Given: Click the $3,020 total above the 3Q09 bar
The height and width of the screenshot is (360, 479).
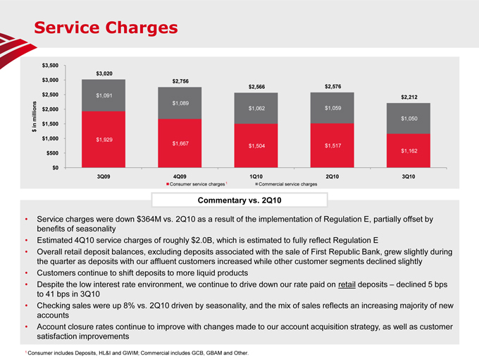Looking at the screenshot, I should click(x=103, y=74).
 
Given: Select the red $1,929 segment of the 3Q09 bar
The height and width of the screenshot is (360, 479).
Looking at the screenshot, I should click(x=103, y=139).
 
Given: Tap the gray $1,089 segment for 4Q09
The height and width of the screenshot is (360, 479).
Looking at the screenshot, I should click(x=180, y=103).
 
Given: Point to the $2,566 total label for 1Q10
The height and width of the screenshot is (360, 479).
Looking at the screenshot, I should click(x=256, y=87).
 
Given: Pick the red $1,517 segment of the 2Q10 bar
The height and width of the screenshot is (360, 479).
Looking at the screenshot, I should click(x=333, y=145).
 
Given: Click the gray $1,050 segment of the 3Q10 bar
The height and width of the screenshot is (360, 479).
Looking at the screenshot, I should click(x=409, y=119).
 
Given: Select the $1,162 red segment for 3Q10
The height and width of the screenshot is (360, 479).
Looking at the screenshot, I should click(x=409, y=150).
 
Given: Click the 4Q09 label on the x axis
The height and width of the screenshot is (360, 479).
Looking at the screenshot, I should click(x=180, y=176).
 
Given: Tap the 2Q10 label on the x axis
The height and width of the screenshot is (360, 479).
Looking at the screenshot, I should click(x=333, y=176).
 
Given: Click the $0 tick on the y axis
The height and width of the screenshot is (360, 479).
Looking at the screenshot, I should click(x=55, y=167).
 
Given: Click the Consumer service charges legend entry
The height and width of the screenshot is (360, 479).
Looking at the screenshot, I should click(x=197, y=184).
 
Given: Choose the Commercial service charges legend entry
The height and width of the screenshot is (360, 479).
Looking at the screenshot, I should click(x=285, y=184).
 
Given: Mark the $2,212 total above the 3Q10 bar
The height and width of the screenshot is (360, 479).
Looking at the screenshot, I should click(x=409, y=97).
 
